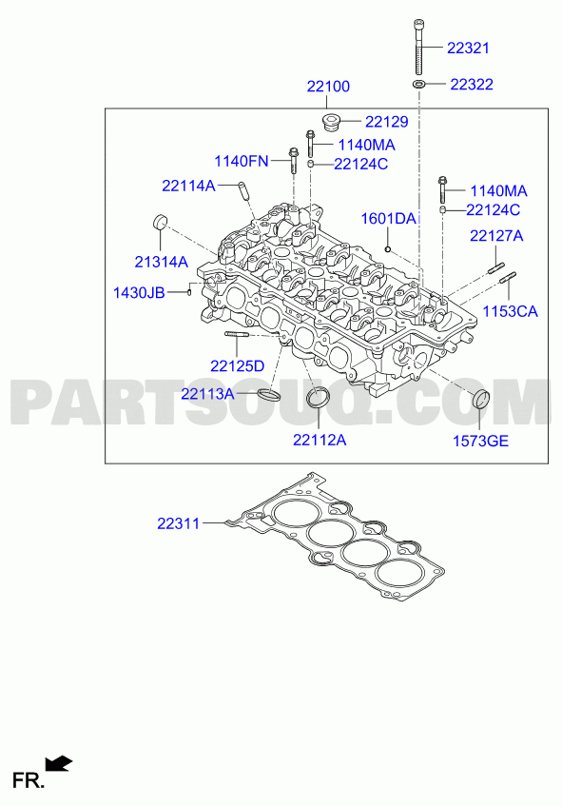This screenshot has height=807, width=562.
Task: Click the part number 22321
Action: tap(468, 48)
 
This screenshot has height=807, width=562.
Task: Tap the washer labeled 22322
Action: tap(419, 84)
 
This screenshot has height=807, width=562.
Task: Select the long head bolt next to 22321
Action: tap(419, 47)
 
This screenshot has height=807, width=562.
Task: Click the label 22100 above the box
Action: tap(328, 86)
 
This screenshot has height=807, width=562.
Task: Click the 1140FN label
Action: tap(242, 161)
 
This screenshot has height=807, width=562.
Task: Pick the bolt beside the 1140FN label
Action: tap(294, 160)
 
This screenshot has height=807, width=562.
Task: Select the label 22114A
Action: tap(188, 186)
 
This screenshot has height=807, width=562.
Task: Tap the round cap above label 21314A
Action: tap(161, 222)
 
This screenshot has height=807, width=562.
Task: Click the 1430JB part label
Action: tap(139, 293)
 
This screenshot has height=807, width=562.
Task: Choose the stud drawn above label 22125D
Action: tap(237, 335)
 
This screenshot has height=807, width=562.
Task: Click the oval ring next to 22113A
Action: tap(269, 395)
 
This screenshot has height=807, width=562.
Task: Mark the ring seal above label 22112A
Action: tap(319, 398)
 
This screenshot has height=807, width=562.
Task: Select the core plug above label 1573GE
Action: tap(481, 400)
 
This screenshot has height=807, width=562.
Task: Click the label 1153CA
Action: tap(510, 311)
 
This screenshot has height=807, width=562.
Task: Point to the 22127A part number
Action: tap(496, 236)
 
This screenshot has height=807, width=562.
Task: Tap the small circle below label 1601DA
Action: tap(388, 249)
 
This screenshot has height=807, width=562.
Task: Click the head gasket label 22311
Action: tap(179, 523)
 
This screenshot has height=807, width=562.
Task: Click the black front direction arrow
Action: tap(59, 764)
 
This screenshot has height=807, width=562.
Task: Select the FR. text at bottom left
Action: tap(29, 780)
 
